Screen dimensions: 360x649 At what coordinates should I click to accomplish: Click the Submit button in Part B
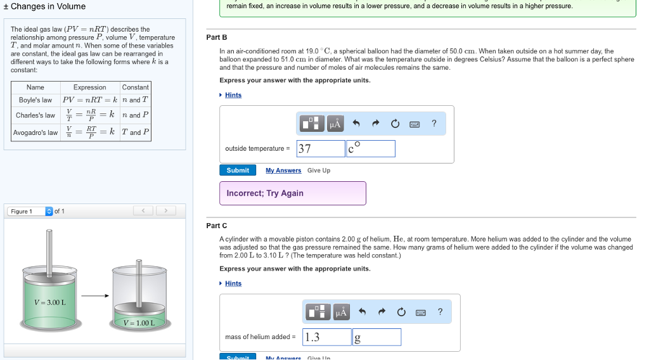[x=238, y=170]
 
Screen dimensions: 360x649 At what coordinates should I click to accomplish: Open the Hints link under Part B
[x=233, y=95]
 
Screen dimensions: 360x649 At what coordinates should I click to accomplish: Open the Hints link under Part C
[x=233, y=283]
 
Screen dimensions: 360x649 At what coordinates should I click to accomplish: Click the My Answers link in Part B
[x=283, y=170]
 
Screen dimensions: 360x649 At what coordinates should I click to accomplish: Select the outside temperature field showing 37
[x=321, y=149]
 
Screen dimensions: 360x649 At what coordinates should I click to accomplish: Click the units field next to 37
[x=371, y=149]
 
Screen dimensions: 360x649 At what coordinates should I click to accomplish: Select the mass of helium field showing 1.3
[x=327, y=337]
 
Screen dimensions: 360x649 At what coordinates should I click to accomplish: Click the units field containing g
[x=376, y=337]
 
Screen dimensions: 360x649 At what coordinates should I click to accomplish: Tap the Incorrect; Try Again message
[x=292, y=193]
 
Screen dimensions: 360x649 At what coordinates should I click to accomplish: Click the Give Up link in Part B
[x=319, y=170]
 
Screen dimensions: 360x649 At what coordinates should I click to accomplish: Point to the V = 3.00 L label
[x=50, y=302]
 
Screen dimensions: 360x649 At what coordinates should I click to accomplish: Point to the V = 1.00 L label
[x=139, y=323]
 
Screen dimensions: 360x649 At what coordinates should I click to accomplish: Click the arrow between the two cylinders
[x=95, y=295]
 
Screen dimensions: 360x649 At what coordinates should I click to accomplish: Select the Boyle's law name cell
[x=35, y=100]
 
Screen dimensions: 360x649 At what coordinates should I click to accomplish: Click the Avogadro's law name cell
[x=35, y=132]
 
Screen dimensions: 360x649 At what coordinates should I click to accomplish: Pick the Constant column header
[x=136, y=87]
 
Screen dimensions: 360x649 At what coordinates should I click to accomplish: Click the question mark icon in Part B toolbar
[x=434, y=124]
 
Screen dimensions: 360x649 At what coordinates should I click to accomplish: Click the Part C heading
[x=217, y=226]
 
